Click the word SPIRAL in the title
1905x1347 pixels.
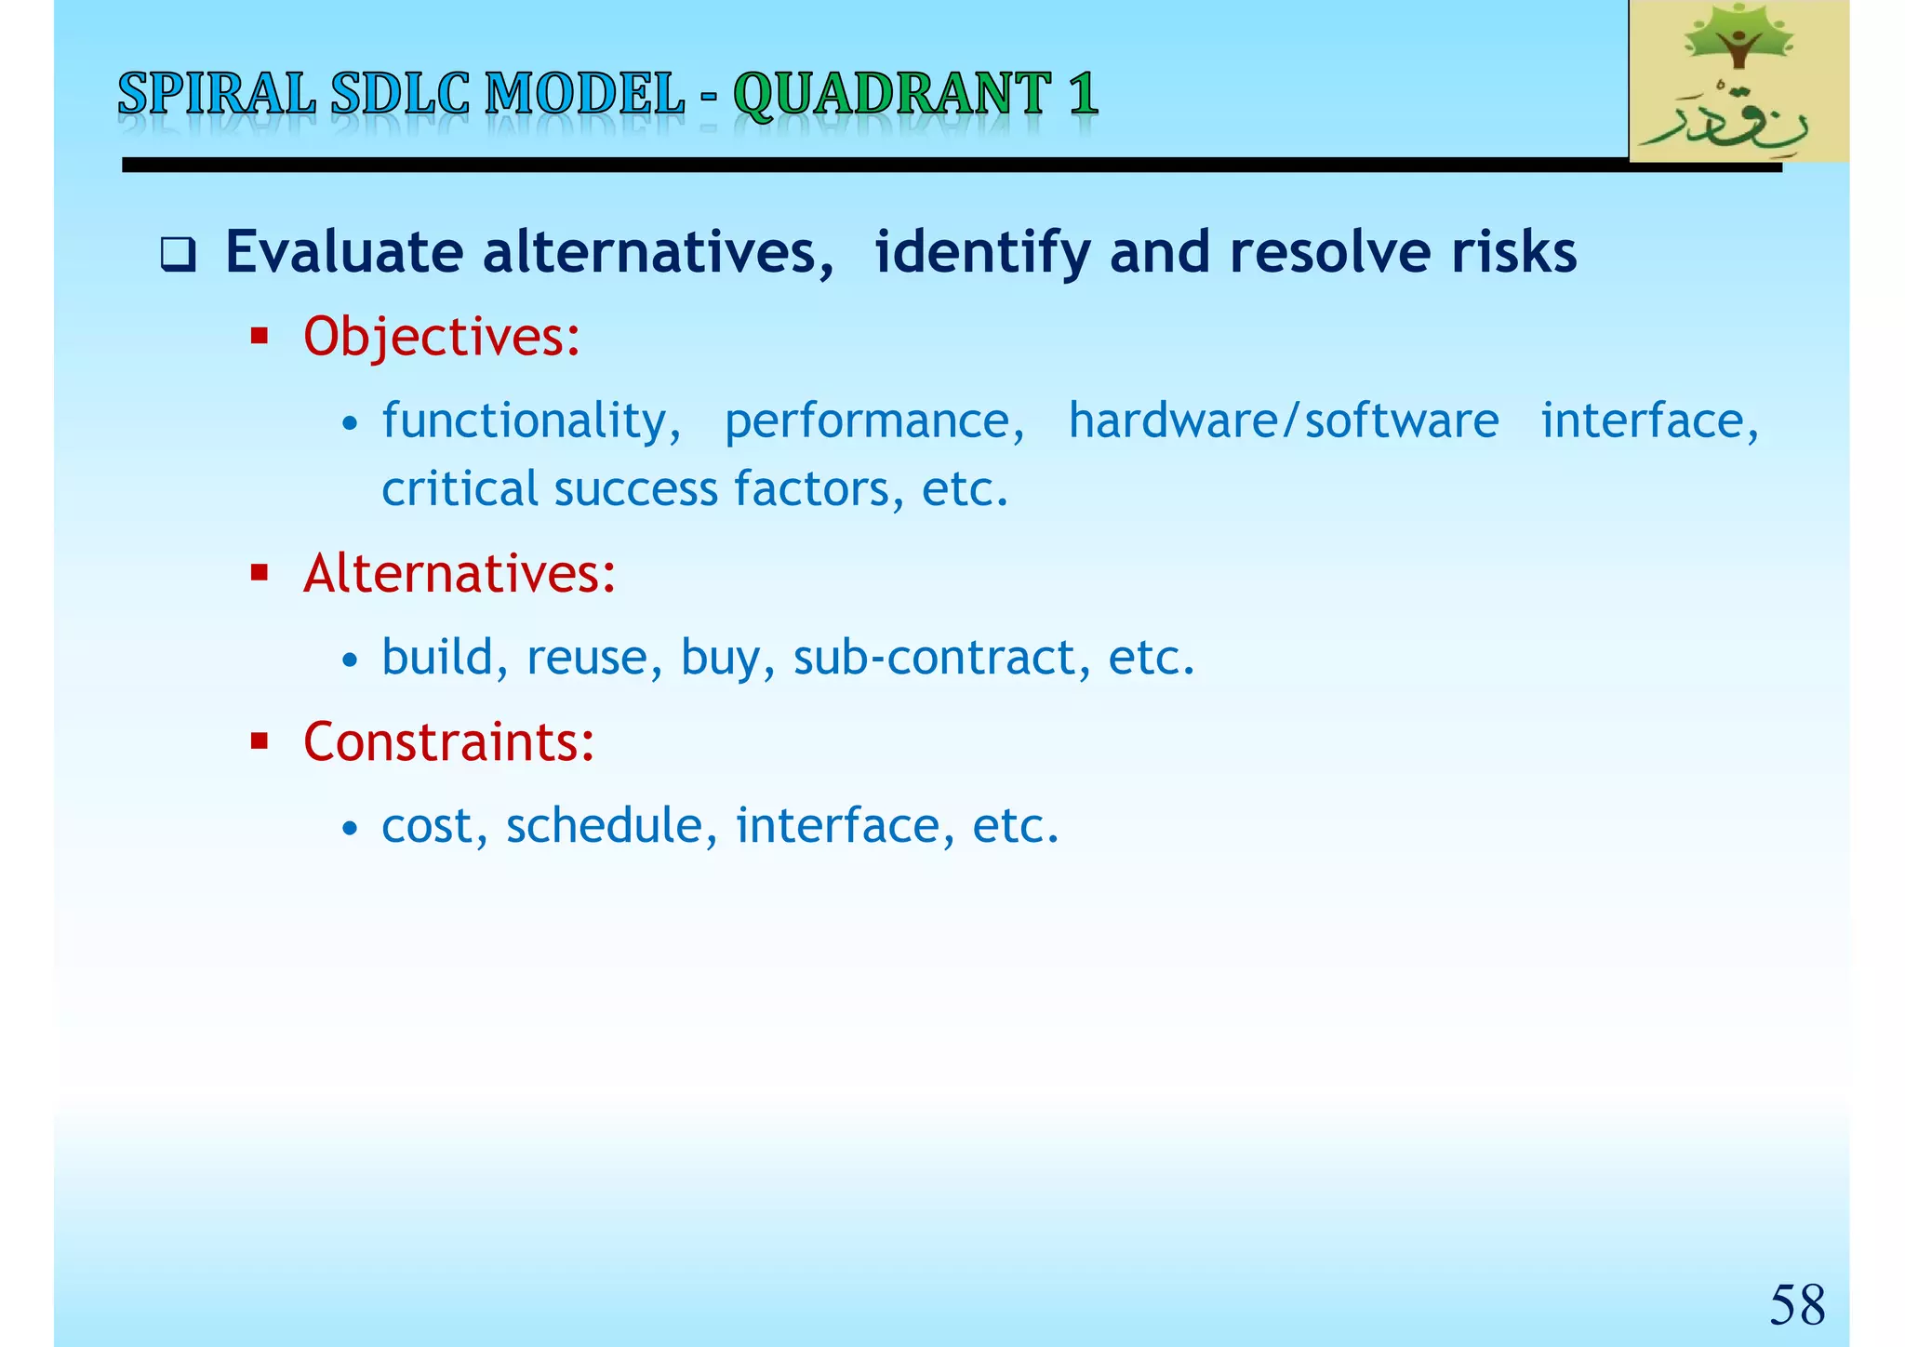point(217,95)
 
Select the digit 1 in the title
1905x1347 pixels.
point(1083,95)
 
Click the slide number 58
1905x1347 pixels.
point(1796,1304)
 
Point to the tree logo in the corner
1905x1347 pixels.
point(1738,82)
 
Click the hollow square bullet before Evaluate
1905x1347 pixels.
point(178,254)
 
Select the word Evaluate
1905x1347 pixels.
point(344,253)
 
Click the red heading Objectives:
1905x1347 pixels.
point(442,337)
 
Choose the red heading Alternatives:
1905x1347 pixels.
point(460,573)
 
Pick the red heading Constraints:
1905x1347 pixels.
point(448,742)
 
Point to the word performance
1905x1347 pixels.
point(874,421)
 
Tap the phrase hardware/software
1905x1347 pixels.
point(1283,421)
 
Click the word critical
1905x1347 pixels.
point(459,489)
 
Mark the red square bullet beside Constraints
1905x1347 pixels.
point(260,741)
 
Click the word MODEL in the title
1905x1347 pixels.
point(585,95)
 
